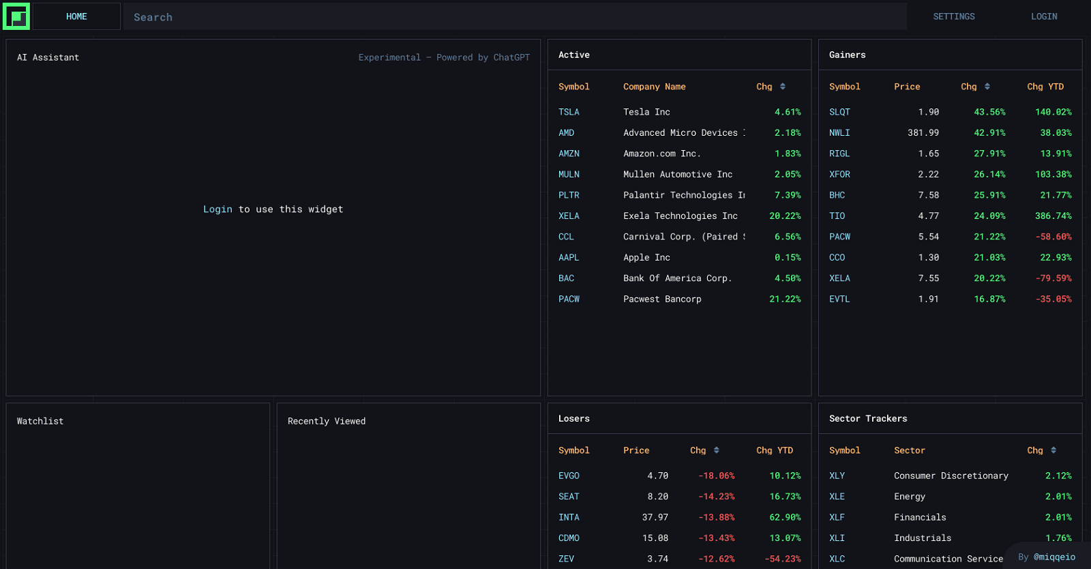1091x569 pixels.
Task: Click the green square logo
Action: point(16,16)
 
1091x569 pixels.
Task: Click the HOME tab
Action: point(76,16)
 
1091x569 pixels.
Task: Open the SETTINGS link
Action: point(953,16)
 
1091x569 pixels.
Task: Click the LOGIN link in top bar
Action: point(1043,16)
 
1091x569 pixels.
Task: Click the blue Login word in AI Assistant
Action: point(218,209)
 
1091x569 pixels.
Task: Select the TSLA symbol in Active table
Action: point(569,112)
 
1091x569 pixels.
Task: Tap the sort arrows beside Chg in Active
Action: point(783,87)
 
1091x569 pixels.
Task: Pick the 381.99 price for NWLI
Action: point(923,133)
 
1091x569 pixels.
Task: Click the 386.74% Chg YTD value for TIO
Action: point(1053,216)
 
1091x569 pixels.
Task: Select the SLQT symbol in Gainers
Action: point(839,112)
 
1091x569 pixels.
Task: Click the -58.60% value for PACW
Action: point(1053,237)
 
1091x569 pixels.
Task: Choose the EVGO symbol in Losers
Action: point(569,476)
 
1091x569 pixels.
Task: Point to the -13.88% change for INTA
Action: point(716,517)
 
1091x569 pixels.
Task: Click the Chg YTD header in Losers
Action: point(774,450)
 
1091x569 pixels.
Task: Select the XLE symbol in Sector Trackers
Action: point(837,497)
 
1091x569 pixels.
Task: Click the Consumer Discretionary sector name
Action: point(951,476)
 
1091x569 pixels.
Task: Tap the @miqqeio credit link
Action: point(1054,557)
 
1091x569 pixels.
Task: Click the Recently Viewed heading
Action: point(327,421)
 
